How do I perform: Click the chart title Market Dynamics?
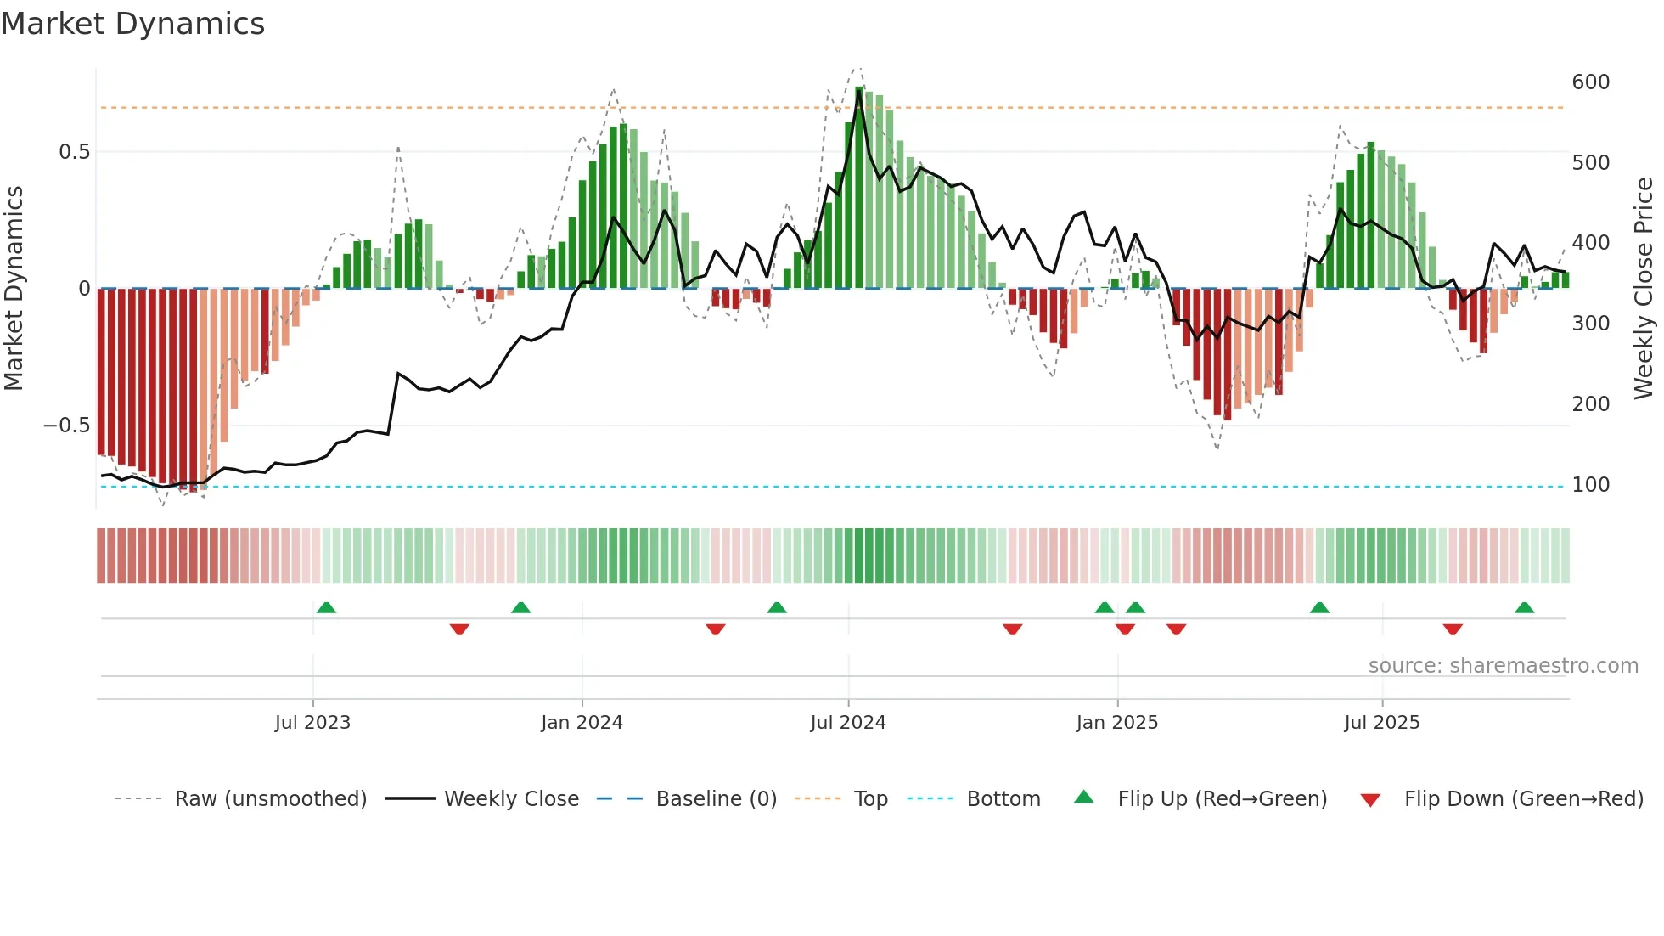point(133,24)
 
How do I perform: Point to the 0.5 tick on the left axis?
point(74,152)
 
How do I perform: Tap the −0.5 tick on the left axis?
point(67,426)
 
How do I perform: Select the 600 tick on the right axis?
point(1590,82)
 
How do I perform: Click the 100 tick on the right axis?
point(1590,485)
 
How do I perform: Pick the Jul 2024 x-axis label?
point(847,723)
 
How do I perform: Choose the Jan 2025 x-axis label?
point(1116,723)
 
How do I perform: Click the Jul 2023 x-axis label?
point(312,723)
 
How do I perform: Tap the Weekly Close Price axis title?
point(1644,289)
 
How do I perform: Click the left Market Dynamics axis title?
point(14,289)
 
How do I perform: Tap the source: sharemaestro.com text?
point(1503,666)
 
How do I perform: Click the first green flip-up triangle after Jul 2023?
point(326,607)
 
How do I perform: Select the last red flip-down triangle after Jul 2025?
point(1453,629)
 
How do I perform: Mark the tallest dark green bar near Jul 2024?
point(859,187)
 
